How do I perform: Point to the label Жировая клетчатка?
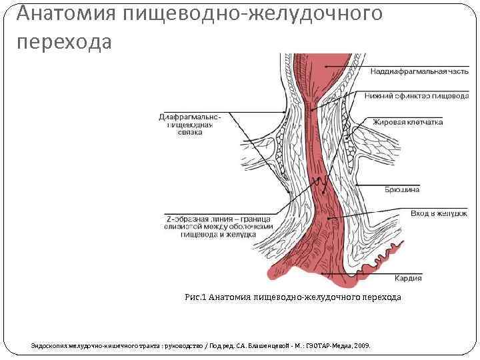(407, 122)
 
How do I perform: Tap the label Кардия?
(409, 278)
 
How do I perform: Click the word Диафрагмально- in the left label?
(189, 117)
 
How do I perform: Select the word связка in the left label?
(190, 133)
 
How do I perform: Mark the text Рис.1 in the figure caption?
(195, 297)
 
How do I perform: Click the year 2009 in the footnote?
(363, 346)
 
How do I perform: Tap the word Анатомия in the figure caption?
(230, 297)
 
